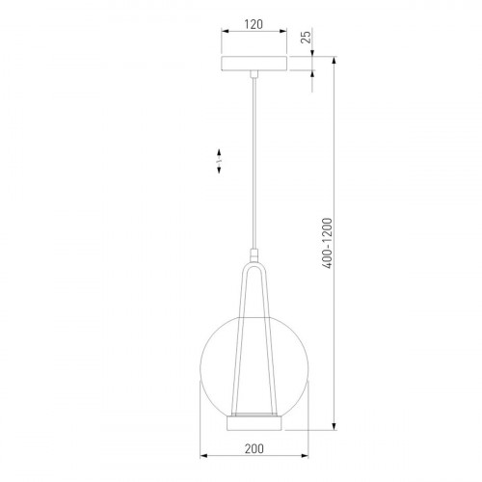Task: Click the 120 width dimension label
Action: coord(254,24)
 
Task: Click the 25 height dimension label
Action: coord(307,37)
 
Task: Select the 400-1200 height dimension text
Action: coord(327,243)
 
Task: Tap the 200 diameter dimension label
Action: coord(254,449)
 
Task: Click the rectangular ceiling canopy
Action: coord(254,64)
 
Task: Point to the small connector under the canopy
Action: coord(254,74)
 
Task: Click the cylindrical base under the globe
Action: coord(254,423)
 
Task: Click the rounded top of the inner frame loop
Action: coord(254,265)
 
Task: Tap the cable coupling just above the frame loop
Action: coord(254,255)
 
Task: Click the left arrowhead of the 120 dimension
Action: coord(225,31)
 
